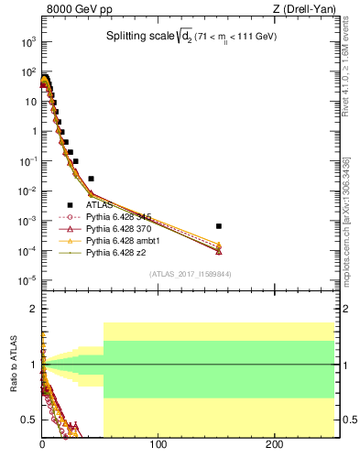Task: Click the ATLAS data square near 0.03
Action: [x=91, y=178]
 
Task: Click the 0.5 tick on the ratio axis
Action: [x=29, y=420]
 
